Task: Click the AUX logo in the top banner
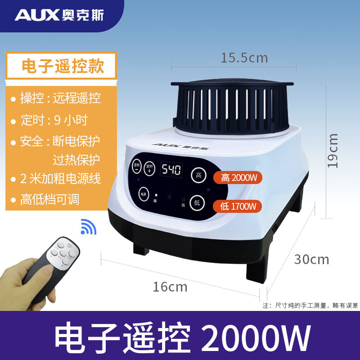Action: point(59,15)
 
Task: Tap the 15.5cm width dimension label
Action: point(244,58)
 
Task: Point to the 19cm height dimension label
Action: point(333,151)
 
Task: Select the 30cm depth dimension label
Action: point(311,260)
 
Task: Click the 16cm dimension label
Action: point(170,287)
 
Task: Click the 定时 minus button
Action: point(137,168)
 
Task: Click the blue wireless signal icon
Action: point(88,227)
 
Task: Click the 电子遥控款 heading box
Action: point(63,67)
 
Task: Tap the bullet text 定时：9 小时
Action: point(54,120)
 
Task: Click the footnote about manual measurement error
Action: point(310,305)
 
